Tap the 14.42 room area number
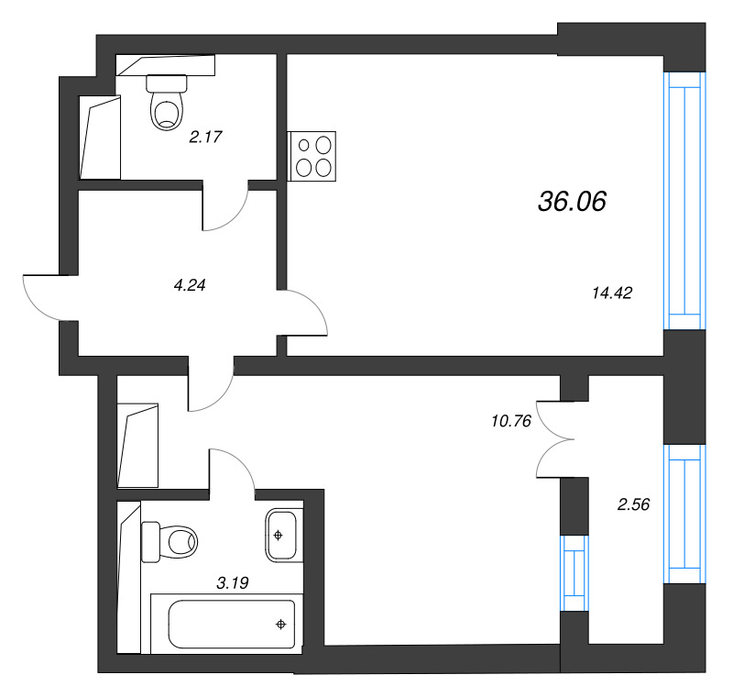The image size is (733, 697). click(613, 293)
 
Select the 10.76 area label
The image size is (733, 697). click(511, 422)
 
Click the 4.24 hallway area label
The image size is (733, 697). click(189, 284)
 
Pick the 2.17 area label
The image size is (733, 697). click(206, 138)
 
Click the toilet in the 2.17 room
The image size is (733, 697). click(166, 103)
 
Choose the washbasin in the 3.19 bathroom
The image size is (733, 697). click(281, 534)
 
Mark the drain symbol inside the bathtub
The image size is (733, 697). click(280, 625)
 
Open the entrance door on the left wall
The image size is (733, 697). click(42, 296)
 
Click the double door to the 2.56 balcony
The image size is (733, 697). click(555, 438)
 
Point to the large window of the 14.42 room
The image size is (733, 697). click(685, 200)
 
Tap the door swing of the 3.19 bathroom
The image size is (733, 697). click(233, 470)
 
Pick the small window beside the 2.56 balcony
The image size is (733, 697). click(573, 574)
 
